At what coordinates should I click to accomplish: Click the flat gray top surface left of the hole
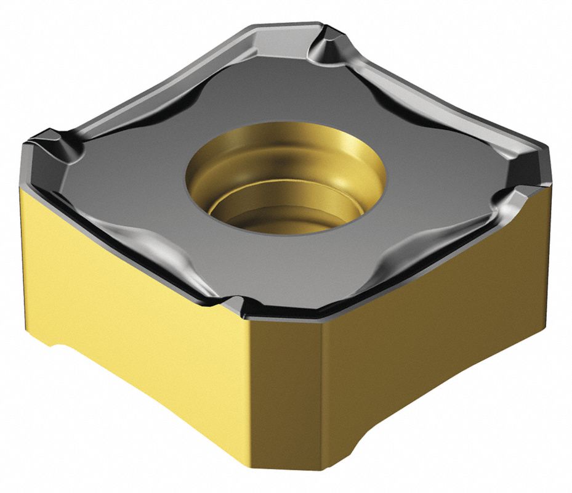pos(154,179)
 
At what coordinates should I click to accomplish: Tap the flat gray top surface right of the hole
pos(431,179)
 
